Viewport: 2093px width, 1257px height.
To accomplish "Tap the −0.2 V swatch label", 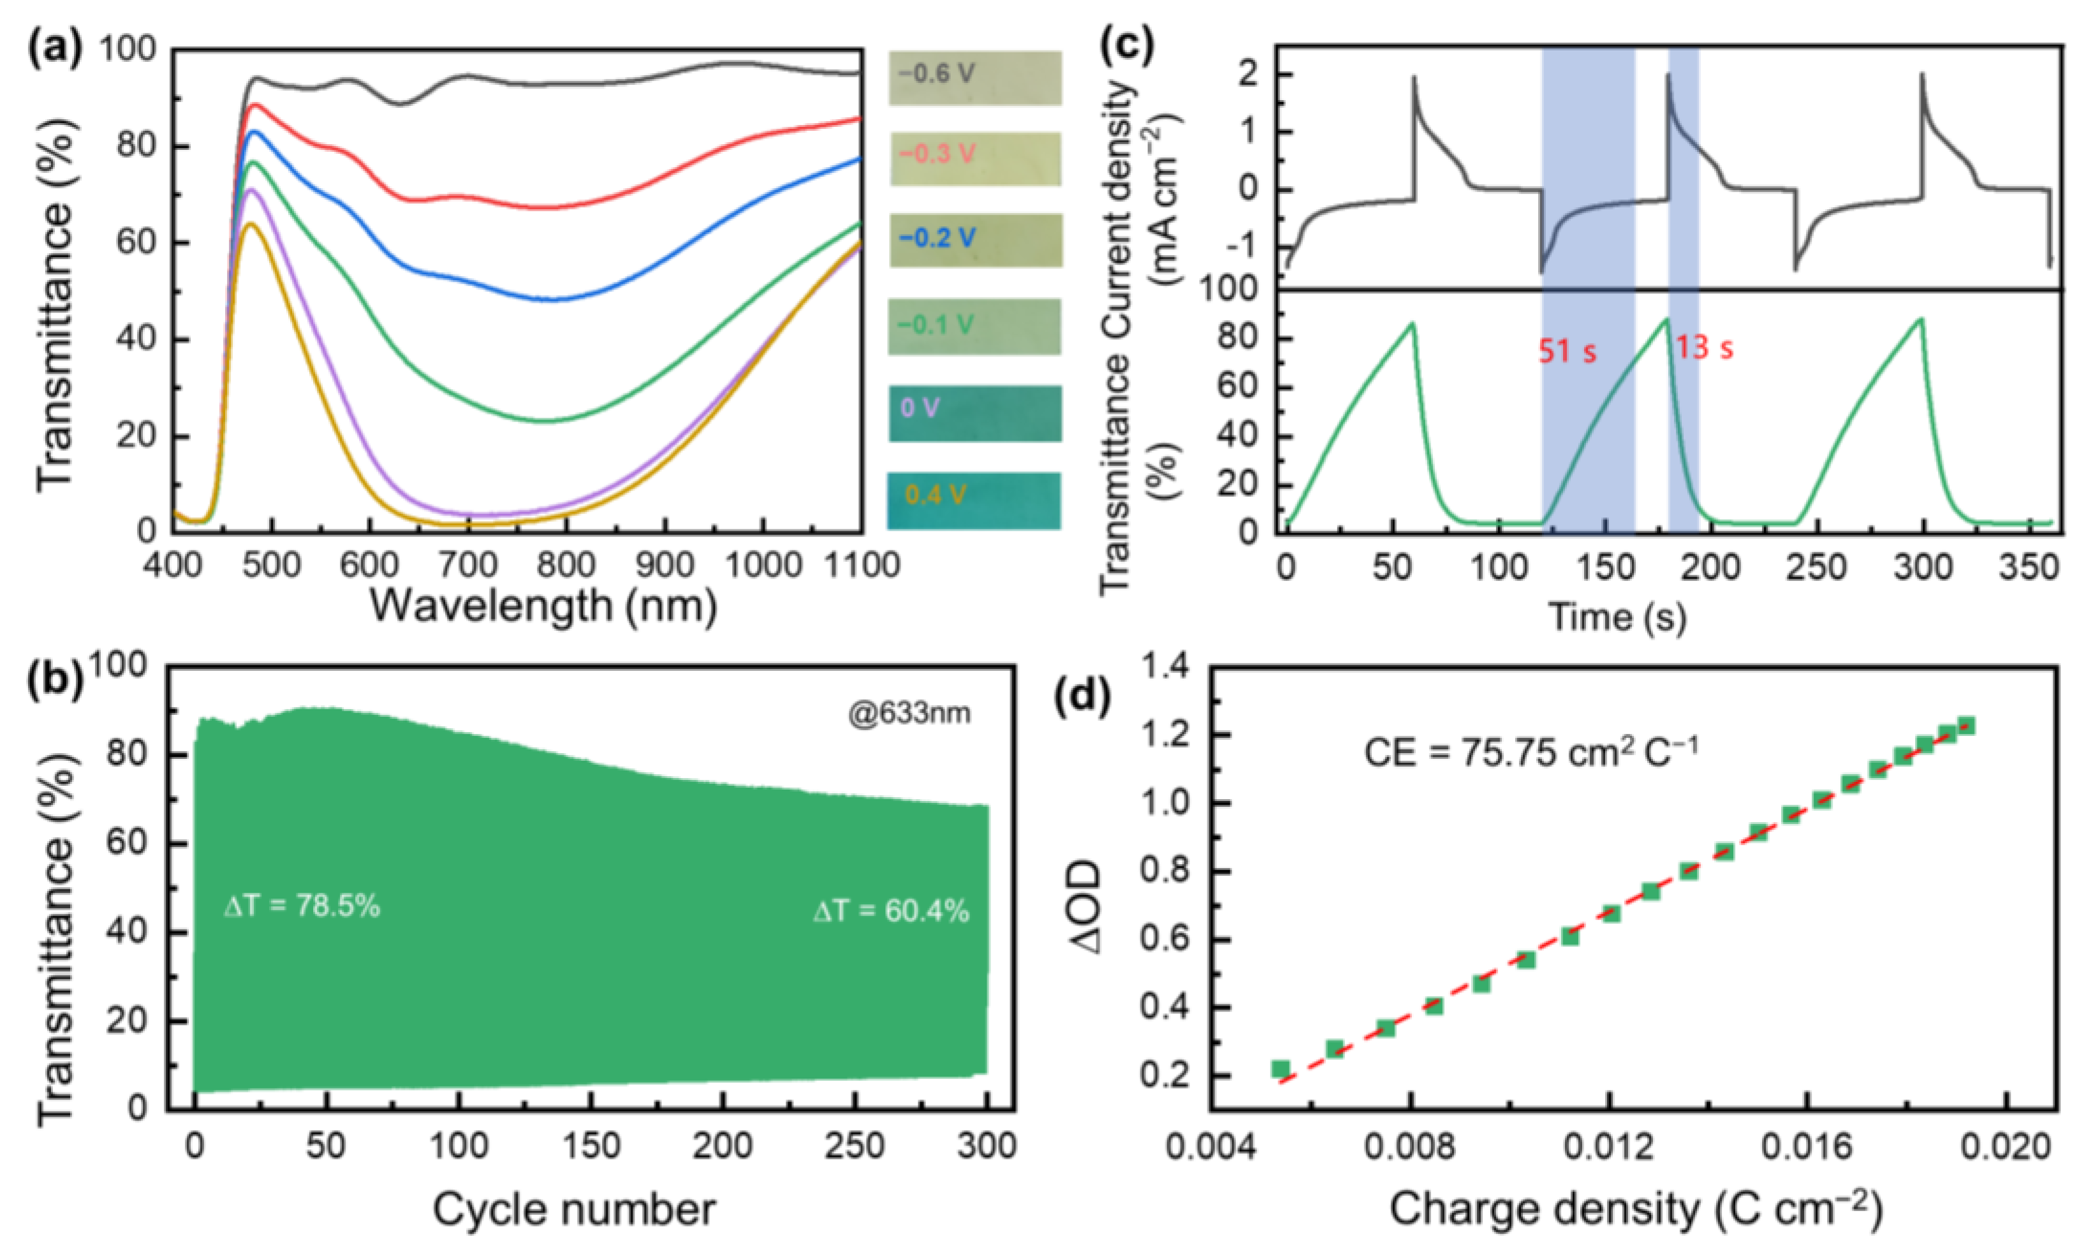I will (936, 238).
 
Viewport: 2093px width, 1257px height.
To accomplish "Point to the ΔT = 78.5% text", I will (302, 907).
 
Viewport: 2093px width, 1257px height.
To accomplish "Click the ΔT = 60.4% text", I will (891, 911).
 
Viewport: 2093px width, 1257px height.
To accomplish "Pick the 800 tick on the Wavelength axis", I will (566, 564).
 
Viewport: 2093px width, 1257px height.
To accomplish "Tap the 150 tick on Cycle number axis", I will (591, 1146).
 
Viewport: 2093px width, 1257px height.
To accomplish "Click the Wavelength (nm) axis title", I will (543, 606).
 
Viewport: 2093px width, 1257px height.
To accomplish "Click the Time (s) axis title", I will (1617, 617).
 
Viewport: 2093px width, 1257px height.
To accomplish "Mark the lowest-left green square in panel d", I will (1281, 1069).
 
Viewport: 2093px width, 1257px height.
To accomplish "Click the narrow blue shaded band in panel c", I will (1683, 288).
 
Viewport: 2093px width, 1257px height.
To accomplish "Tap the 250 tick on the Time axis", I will (1817, 566).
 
